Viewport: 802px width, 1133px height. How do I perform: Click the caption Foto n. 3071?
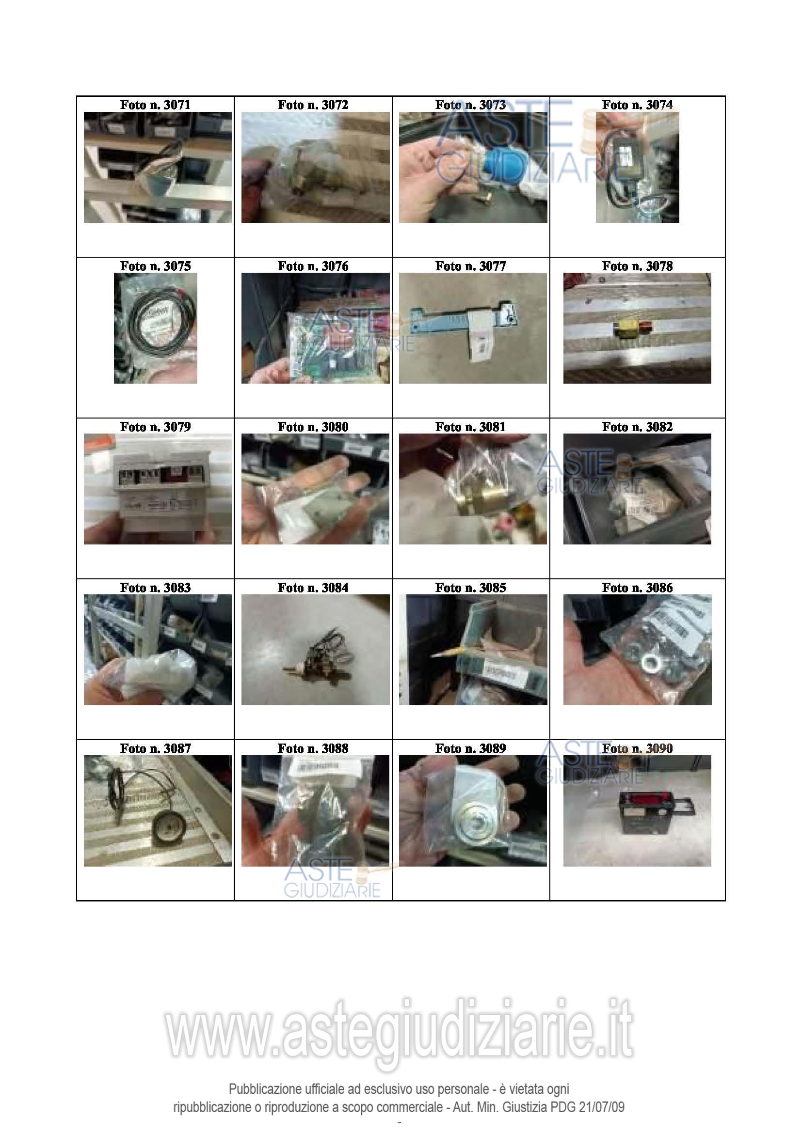point(155,105)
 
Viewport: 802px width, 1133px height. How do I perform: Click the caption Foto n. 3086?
point(637,588)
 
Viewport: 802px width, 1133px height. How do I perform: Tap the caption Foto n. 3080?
point(313,427)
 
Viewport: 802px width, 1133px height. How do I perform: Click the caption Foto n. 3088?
point(313,748)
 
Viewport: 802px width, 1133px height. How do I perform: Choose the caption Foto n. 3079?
point(155,427)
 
